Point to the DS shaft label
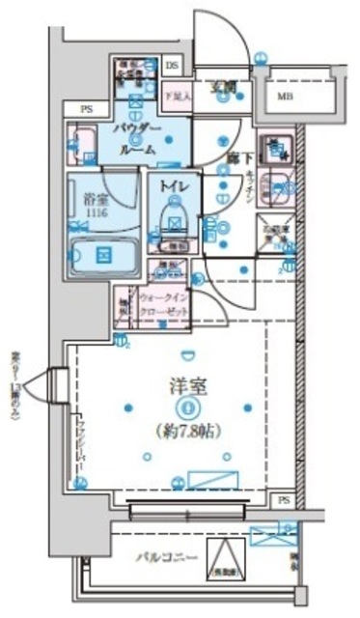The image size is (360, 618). pos(173,67)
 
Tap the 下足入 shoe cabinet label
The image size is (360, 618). pos(175,96)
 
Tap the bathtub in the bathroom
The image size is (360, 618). pos(101,256)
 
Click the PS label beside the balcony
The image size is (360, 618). pos(282,500)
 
